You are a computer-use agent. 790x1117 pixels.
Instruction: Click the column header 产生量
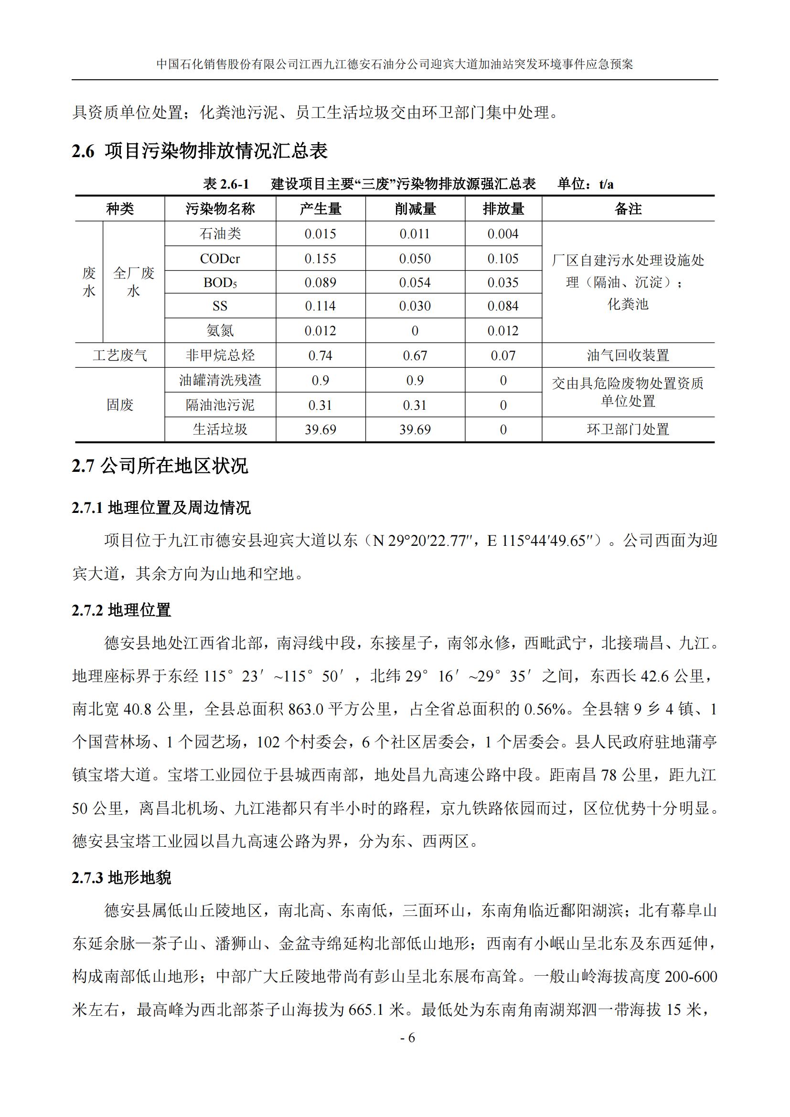pos(320,209)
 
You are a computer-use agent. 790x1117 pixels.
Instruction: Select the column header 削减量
pos(415,209)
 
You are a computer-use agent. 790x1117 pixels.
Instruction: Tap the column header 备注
pos(628,209)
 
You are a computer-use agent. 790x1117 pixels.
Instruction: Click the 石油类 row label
pos(220,234)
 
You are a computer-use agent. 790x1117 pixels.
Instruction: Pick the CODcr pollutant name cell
pos(220,259)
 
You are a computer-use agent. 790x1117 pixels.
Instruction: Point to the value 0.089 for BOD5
pos(320,283)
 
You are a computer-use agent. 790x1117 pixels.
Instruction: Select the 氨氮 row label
pos(220,331)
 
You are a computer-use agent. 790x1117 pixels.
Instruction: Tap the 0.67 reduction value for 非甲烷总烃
pos(415,356)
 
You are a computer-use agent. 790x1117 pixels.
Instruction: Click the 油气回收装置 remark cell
pos(628,356)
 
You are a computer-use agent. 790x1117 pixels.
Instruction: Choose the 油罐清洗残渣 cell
pos(220,381)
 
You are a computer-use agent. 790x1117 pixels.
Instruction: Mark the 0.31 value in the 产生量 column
pos(320,405)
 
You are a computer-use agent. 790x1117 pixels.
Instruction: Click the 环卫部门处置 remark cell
pos(628,430)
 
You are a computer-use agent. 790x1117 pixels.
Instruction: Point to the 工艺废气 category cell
pos(120,356)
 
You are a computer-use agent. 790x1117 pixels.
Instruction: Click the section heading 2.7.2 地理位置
pos(121,610)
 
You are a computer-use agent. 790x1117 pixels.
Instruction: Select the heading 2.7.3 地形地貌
pos(121,878)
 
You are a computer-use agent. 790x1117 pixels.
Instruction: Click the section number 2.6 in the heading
pos(83,151)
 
